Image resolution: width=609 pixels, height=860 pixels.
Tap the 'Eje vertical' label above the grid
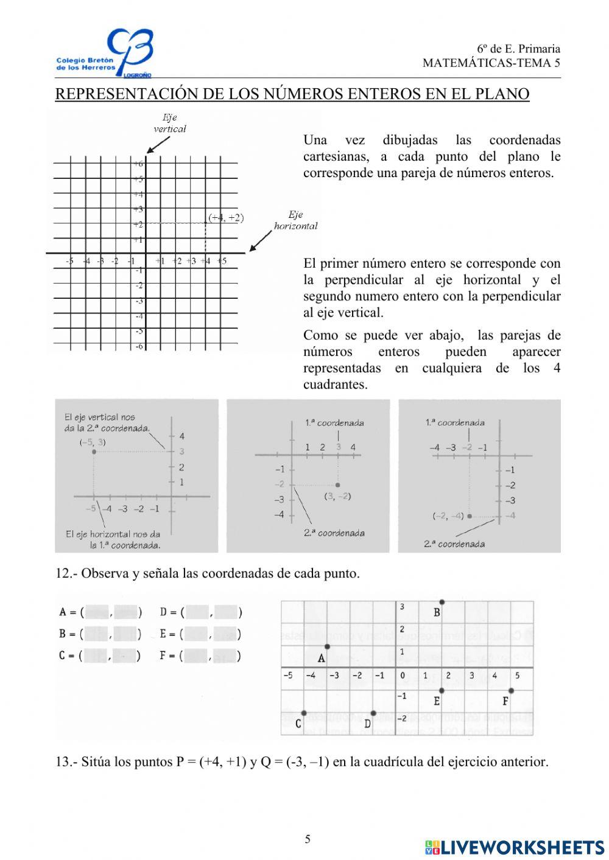click(x=169, y=123)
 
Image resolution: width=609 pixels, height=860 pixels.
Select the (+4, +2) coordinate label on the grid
click(x=225, y=218)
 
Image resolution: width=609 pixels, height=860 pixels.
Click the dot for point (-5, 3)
click(x=93, y=452)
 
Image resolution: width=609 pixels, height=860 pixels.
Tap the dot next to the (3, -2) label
click(x=338, y=485)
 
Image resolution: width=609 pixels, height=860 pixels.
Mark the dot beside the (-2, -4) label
click(x=470, y=516)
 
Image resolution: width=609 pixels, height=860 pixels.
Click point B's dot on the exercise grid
click(x=442, y=601)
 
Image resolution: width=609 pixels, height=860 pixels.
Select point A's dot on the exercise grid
click(x=327, y=647)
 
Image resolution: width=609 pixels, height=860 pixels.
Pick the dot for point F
click(x=511, y=690)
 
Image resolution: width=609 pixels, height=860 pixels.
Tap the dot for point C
click(x=304, y=713)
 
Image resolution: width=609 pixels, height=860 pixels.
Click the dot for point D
click(x=373, y=713)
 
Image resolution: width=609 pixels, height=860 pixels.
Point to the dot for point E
click(x=442, y=690)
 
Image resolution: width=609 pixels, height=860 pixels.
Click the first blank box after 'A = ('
click(x=97, y=612)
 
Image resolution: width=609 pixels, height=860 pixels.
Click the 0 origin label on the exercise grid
click(x=403, y=676)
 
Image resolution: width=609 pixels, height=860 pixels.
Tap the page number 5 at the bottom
click(x=308, y=839)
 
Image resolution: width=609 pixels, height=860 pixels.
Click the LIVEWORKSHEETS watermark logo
click(x=515, y=847)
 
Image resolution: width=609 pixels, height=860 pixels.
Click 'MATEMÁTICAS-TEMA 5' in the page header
click(x=491, y=63)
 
